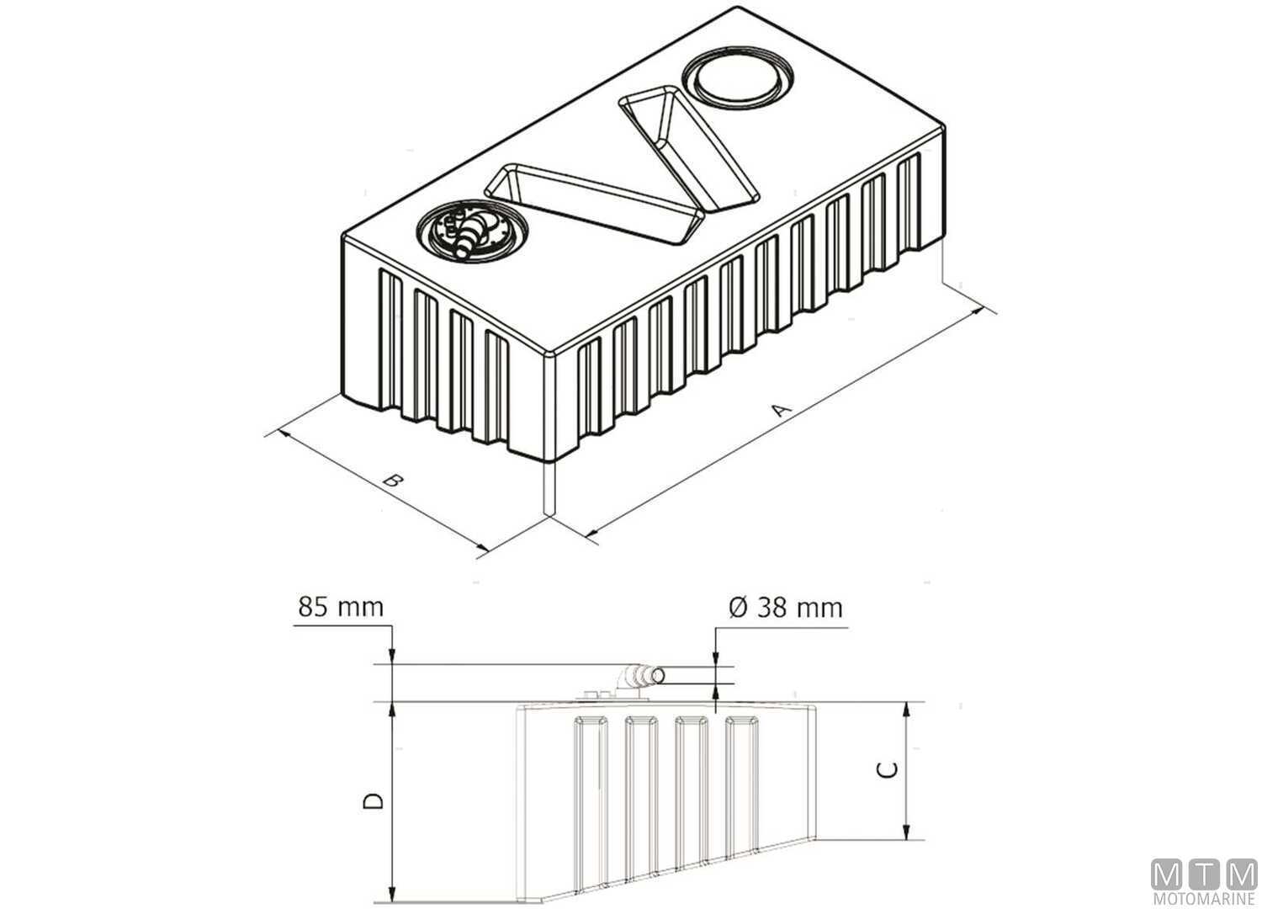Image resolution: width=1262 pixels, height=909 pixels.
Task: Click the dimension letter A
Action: tap(782, 411)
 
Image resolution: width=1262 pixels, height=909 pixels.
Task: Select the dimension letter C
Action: tap(888, 769)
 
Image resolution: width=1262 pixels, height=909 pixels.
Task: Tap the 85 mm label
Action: tap(340, 606)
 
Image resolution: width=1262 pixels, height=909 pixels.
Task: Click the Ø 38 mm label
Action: tap(786, 606)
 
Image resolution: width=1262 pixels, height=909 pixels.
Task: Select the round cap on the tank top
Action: tap(739, 81)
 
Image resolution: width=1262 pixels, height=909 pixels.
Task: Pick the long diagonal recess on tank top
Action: tap(596, 202)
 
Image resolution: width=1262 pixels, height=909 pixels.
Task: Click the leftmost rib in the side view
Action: tap(591, 800)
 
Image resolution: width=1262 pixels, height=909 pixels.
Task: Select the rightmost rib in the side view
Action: tap(742, 783)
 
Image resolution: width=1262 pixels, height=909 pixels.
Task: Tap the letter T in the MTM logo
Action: tap(1204, 874)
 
